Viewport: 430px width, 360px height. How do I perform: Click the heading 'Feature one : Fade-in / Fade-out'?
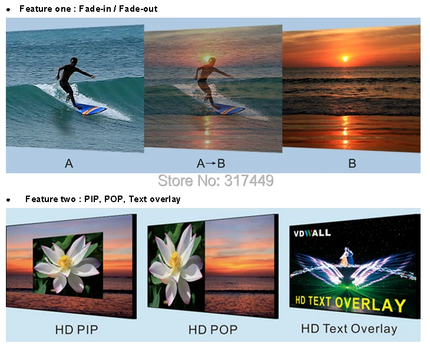[88, 9]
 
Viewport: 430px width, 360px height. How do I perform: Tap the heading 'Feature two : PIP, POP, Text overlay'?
[103, 199]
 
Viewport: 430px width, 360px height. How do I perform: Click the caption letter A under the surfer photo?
[69, 164]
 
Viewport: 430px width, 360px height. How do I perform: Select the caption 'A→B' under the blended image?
[211, 164]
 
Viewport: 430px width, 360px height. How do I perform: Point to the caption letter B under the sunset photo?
[352, 164]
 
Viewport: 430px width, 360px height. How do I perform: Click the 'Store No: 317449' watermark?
[216, 180]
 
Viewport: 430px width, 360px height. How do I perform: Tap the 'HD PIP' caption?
[77, 329]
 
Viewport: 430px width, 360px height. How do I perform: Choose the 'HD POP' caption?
[213, 329]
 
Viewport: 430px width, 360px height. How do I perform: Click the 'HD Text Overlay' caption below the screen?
[349, 329]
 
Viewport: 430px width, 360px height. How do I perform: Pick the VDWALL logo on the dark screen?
[312, 233]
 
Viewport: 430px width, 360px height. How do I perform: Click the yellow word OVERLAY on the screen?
[371, 304]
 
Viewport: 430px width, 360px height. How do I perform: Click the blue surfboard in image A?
[91, 109]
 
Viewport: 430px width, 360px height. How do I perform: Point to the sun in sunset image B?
[345, 59]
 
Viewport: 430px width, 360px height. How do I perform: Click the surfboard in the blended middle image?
[230, 109]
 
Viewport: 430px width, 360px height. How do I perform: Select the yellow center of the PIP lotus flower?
[65, 262]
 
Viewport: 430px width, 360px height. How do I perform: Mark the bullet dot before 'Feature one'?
[8, 9]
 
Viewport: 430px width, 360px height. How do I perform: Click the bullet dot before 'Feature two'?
[8, 200]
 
